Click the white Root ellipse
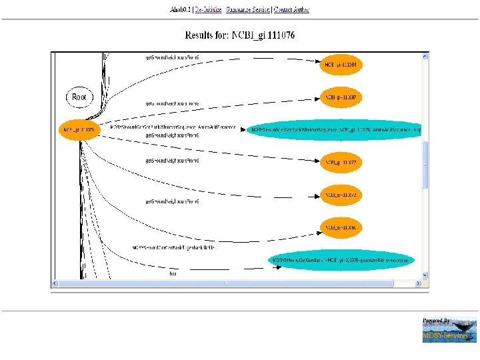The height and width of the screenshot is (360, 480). (79, 97)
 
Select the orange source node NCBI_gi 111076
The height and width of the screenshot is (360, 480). (79, 129)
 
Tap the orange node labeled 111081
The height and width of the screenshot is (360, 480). (341, 65)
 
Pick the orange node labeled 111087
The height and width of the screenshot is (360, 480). (341, 97)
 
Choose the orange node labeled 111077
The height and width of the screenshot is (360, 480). (341, 162)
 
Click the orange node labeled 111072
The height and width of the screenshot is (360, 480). (341, 195)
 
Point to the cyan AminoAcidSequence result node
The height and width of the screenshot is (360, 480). (335, 129)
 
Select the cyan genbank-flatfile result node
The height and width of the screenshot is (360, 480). (342, 259)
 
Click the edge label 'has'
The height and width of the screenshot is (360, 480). (173, 273)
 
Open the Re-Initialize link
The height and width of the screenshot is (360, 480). (207, 10)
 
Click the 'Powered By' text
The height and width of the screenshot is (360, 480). (437, 321)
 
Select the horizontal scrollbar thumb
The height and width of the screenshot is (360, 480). (225, 283)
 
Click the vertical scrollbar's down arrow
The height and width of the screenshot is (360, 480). (425, 275)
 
